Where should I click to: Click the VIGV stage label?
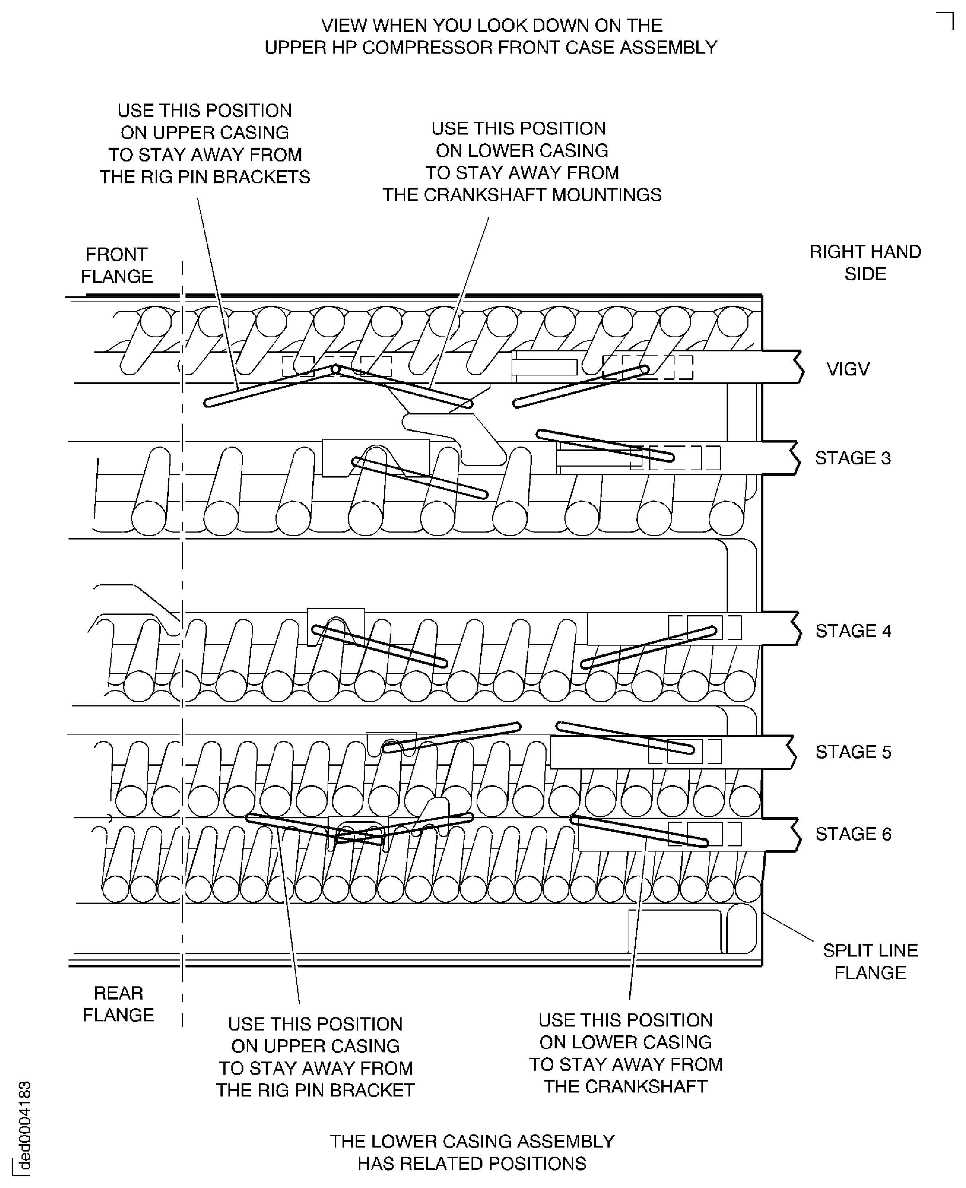coord(848,369)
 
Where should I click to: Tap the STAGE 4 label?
coord(853,631)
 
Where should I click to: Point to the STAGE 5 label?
coord(853,752)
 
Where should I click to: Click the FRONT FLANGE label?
coord(117,265)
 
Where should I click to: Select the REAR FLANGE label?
coord(118,1004)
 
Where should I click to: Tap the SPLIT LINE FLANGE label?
coord(870,961)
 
